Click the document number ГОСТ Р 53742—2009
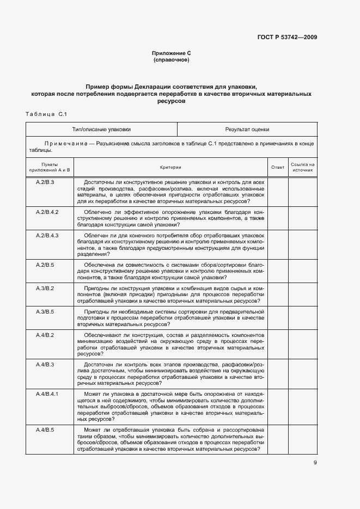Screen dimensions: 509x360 [287, 37]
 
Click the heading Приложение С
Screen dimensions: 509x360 [171, 53]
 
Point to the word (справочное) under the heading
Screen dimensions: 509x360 [171, 60]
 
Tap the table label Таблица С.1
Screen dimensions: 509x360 [46, 114]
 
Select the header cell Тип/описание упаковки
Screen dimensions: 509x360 [102, 130]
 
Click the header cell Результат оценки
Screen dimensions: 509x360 [247, 130]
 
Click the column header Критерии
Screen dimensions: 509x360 [170, 167]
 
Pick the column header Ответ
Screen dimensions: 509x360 [278, 167]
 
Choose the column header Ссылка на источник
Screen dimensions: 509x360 [303, 167]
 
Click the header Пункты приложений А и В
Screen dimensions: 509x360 [50, 167]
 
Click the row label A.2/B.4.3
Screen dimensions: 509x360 [47, 235]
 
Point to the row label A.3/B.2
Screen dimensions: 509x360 [45, 287]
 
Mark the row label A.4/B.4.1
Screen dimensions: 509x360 [47, 393]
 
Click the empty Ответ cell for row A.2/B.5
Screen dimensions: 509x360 [278, 271]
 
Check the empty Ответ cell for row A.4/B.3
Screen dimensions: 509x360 [278, 373]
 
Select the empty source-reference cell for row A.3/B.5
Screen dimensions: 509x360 [303, 317]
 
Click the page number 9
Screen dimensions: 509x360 [315, 463]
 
